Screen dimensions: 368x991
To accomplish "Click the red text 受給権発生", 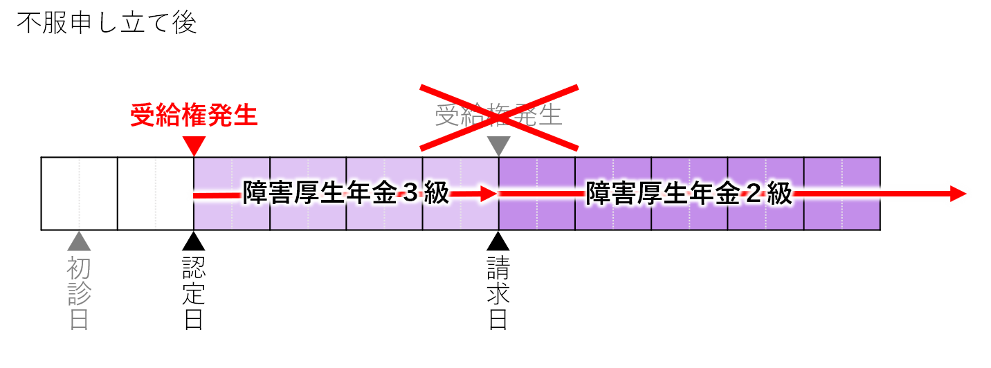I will [x=194, y=116].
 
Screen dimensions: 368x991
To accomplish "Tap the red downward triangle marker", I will [x=194, y=146].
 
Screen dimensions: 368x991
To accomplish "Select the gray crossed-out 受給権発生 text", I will [x=498, y=116].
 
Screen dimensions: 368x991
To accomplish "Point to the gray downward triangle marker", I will [x=498, y=146].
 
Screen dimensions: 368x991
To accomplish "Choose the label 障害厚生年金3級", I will [x=346, y=194].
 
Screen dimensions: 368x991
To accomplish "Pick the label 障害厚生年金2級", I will [x=689, y=194].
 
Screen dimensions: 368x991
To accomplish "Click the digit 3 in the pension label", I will [x=410, y=194].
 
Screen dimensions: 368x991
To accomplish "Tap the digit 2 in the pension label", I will [x=753, y=194].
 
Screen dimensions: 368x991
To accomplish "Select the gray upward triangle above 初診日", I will [x=79, y=241].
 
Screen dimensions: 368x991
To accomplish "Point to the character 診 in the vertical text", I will [x=79, y=294].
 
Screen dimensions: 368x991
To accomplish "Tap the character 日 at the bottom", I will [x=79, y=319].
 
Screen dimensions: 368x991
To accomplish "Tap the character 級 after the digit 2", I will [x=779, y=194].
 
